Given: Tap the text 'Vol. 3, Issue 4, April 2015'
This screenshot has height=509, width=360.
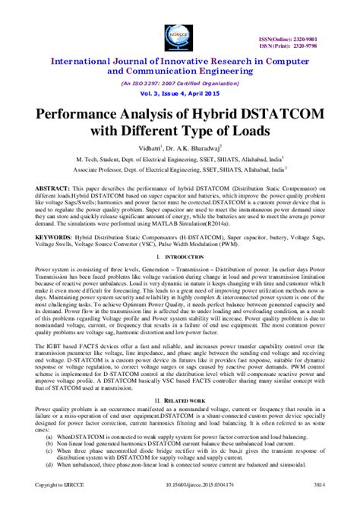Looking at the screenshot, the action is click(180, 90).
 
